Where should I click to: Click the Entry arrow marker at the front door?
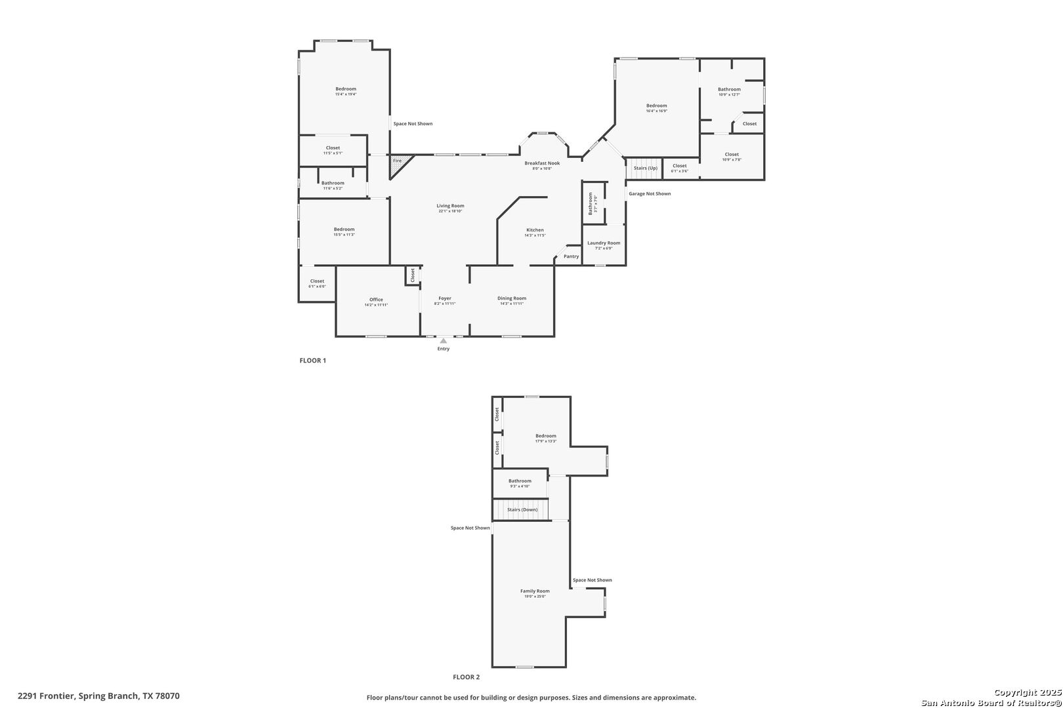click(x=444, y=341)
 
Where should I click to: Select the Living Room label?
click(x=450, y=206)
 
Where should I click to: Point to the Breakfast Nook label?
click(x=542, y=163)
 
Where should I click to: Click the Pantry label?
click(x=572, y=256)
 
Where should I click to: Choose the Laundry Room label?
click(x=604, y=243)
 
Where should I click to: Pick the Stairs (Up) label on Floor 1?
click(x=645, y=168)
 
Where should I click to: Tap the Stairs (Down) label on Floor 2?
click(x=522, y=509)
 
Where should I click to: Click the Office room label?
click(x=376, y=300)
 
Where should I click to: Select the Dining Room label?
click(x=512, y=298)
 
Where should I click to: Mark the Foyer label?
click(x=445, y=298)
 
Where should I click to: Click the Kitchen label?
click(x=535, y=230)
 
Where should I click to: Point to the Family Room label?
click(x=535, y=591)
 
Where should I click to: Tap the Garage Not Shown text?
click(x=650, y=194)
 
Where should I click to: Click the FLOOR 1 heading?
click(x=313, y=361)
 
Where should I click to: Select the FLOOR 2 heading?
click(x=467, y=677)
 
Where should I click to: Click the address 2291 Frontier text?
click(x=98, y=696)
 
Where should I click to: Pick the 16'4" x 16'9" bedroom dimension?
click(x=656, y=111)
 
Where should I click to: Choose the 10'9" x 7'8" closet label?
click(x=732, y=159)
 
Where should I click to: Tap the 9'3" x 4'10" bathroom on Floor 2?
click(x=520, y=486)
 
